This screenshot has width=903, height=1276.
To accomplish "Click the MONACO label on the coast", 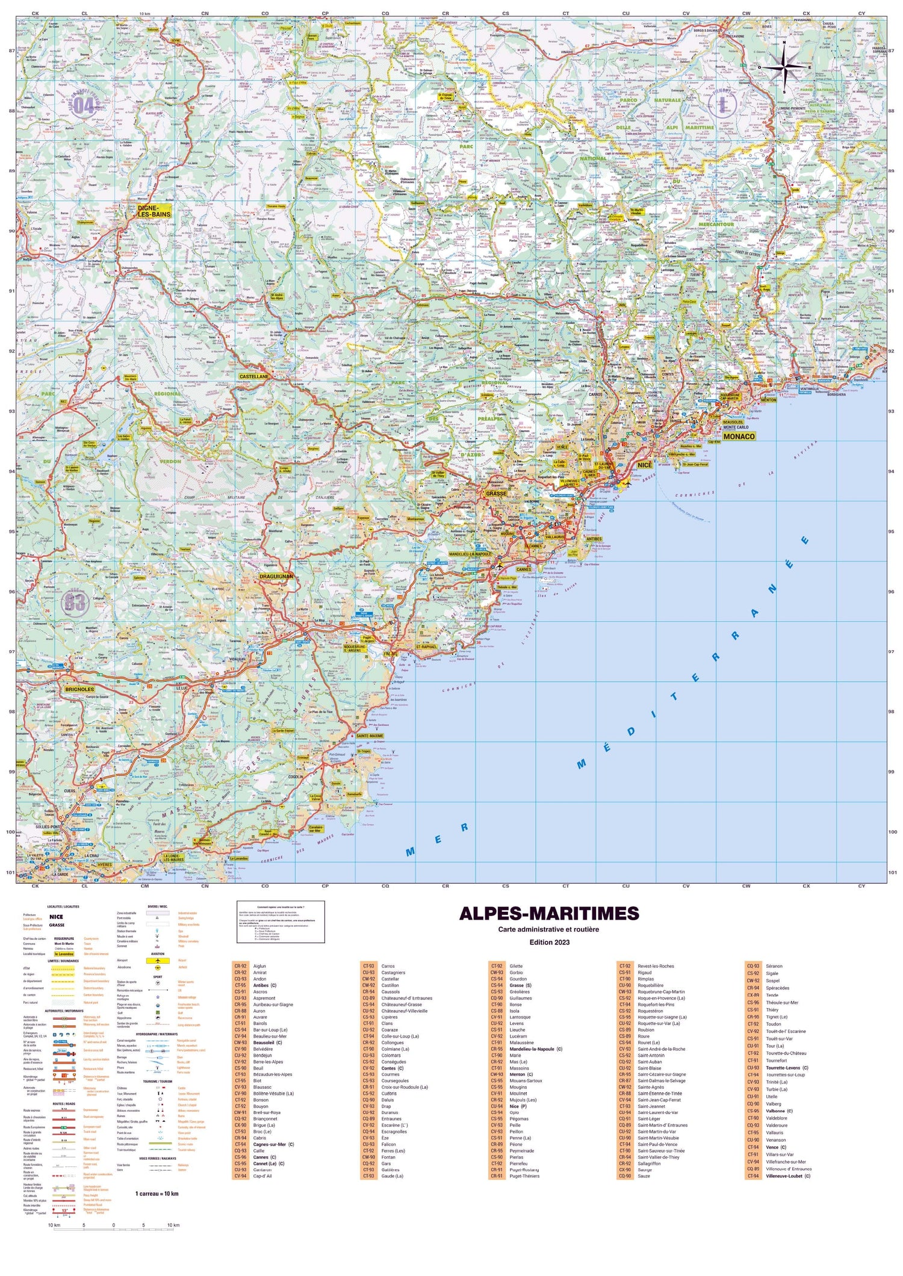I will pos(739,436).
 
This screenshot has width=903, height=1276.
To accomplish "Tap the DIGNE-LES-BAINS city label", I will pos(154,211).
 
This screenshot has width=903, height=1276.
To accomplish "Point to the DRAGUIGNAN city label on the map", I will pos(276,576).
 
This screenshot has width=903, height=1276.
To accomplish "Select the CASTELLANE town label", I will pos(253,376).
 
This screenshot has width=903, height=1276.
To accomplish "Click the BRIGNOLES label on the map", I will pos(79,689).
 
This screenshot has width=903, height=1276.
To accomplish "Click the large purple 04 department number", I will pos(84,105).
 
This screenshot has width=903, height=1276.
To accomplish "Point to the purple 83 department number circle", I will pos(75,602).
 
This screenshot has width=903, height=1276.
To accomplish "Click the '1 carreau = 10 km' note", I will pos(157,1194).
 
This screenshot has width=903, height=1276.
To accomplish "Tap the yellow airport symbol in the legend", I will pos(158,961).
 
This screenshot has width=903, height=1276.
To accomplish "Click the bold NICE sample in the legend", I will pos(56,917).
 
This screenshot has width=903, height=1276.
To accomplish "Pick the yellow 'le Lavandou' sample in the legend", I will pos(64,954).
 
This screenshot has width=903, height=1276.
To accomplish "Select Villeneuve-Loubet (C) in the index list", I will pos(787,1175).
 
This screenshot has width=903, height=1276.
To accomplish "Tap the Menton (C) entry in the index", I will pos(521,1074).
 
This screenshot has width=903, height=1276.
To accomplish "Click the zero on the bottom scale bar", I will pos(113,1225).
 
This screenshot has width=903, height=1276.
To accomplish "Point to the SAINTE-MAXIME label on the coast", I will pos(370,736).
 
